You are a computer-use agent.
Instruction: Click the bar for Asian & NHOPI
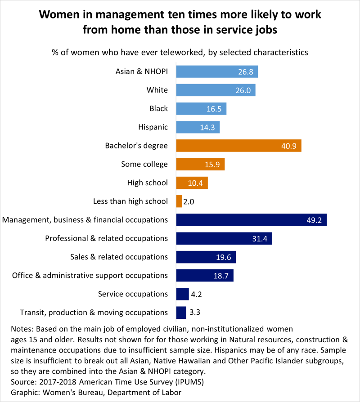(x=216, y=71)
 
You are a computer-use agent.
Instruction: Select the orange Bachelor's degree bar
(x=238, y=146)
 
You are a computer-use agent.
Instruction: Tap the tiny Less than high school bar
(x=179, y=201)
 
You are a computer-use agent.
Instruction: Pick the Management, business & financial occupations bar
(x=251, y=220)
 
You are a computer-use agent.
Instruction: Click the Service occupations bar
(x=182, y=294)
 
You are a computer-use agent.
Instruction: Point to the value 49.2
(x=313, y=220)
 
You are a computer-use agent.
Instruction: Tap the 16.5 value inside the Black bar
(x=214, y=109)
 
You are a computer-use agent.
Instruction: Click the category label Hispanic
(x=153, y=127)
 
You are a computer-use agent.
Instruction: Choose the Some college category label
(x=144, y=164)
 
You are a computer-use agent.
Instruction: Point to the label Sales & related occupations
(x=119, y=257)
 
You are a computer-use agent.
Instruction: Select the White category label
(x=157, y=90)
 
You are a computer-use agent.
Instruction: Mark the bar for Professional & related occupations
(x=224, y=238)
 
